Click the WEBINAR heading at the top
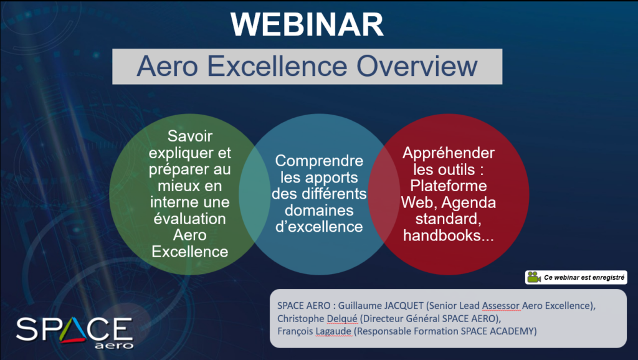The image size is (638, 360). coord(307,24)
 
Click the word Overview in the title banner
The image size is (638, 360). coord(417,66)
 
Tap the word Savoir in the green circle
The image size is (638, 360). coord(189,136)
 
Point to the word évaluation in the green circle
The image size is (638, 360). coord(189,219)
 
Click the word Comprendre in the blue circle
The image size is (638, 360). coord(319,161)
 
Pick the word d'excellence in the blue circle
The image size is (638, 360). coord(319,227)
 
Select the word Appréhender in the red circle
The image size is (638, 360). coord(449,153)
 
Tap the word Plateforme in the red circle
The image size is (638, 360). coord(449,186)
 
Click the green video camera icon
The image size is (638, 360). coord(534,277)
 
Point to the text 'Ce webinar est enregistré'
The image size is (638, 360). coord(584,277)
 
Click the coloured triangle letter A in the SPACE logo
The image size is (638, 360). coord(74,329)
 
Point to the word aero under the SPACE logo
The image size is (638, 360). coord(114,346)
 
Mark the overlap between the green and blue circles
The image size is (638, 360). coord(254,194)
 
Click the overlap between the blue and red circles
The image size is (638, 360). coord(384,194)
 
